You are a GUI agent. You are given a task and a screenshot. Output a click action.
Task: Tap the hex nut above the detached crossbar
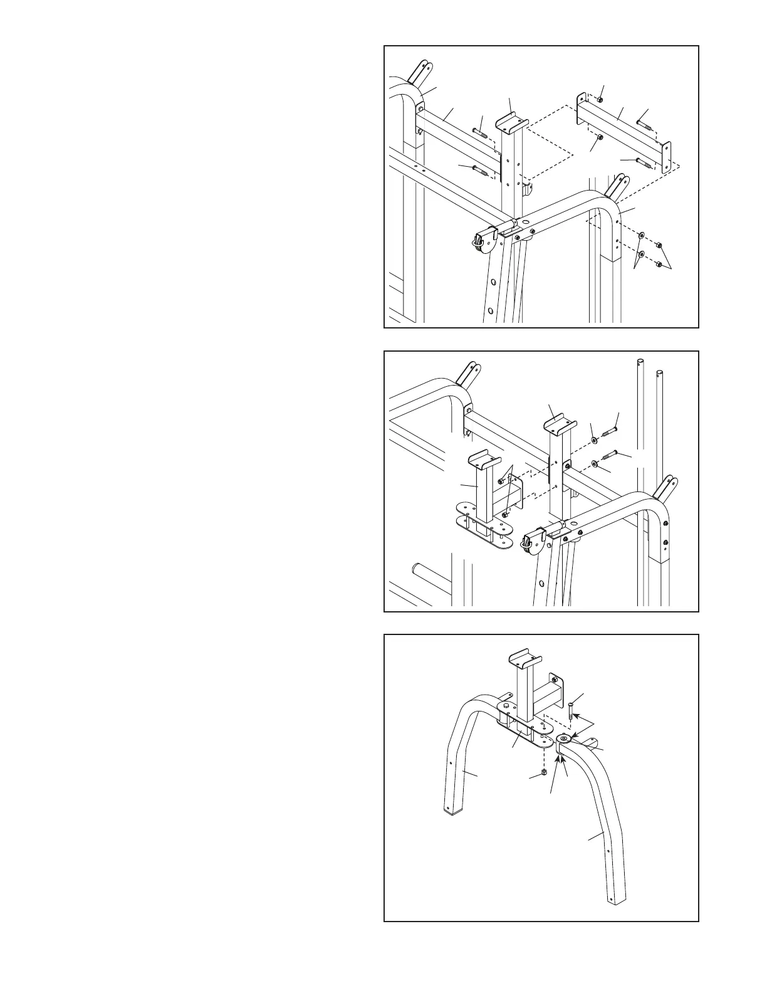pyautogui.click(x=600, y=99)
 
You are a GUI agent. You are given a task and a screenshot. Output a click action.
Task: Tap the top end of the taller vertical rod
pyautogui.click(x=641, y=362)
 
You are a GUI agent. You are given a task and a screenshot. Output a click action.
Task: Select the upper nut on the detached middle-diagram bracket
pyautogui.click(x=502, y=481)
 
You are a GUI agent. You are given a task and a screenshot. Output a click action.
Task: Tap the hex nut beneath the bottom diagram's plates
pyautogui.click(x=544, y=772)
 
